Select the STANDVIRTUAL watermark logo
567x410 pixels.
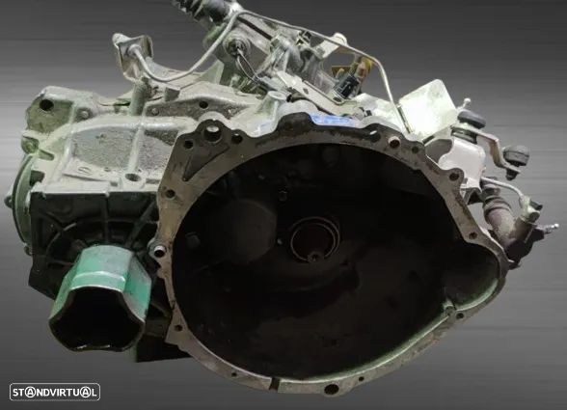(x=55, y=392)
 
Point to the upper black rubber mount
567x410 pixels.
(x=471, y=117)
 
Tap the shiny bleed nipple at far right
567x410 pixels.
(x=552, y=228)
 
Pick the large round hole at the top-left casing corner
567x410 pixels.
(x=46, y=105)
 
